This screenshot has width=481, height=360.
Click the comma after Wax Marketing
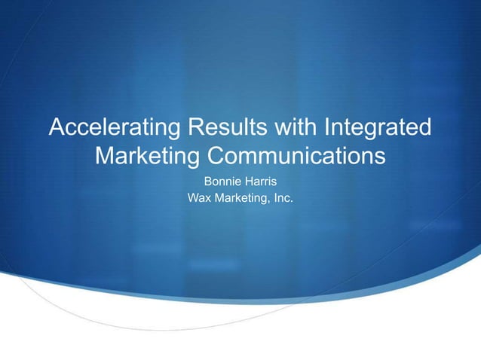click(273, 203)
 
